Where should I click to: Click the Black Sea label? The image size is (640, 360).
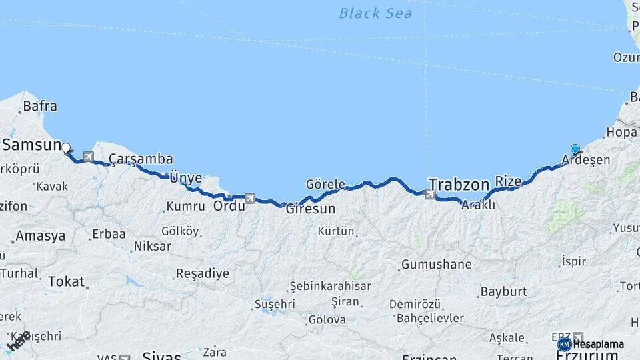coord(375,13)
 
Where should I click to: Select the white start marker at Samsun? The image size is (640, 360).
coord(66,147)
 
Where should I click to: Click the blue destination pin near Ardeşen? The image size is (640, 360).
coord(575,149)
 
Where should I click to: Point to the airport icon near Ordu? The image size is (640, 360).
coord(250,198)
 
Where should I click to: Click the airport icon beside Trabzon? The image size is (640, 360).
coord(431,195)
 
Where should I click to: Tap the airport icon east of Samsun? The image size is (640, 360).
coord(88,157)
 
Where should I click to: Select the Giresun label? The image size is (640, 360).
coord(310,209)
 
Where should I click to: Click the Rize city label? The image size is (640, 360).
coord(508,181)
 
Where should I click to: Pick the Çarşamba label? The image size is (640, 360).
coord(141,159)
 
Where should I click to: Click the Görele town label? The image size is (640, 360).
coord(325,184)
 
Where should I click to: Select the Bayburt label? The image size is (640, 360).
coord(503,291)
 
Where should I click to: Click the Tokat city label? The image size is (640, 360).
coord(66,281)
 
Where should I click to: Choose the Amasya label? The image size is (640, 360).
coord(41,236)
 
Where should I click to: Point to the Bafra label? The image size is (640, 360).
coord(40,106)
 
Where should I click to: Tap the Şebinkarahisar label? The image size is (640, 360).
coord(330,286)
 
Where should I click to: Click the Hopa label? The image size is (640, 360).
coord(621,133)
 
